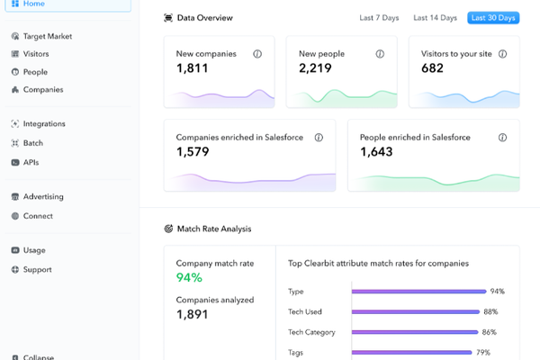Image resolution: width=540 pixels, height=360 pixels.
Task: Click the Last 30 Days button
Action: point(493,18)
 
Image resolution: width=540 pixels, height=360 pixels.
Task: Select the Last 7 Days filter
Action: point(379,18)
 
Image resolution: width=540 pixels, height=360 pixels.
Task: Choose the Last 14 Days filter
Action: point(435,18)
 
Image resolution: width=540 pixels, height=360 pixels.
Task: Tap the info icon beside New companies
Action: point(257,54)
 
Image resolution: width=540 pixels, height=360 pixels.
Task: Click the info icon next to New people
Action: point(380,54)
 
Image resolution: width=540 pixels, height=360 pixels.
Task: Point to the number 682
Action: point(432,68)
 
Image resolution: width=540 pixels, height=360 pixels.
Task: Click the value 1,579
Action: point(193,152)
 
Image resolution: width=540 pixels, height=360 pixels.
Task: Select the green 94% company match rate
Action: point(189,278)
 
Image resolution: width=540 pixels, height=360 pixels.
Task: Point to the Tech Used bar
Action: point(416,311)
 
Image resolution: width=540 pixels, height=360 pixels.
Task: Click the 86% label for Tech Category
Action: point(489,332)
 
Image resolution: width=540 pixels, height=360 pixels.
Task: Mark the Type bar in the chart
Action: point(418,292)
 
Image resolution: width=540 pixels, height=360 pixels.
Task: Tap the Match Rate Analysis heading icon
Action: point(168,229)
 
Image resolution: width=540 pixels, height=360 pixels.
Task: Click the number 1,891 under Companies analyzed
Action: point(193,314)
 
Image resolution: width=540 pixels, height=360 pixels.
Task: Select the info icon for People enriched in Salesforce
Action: point(502,138)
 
